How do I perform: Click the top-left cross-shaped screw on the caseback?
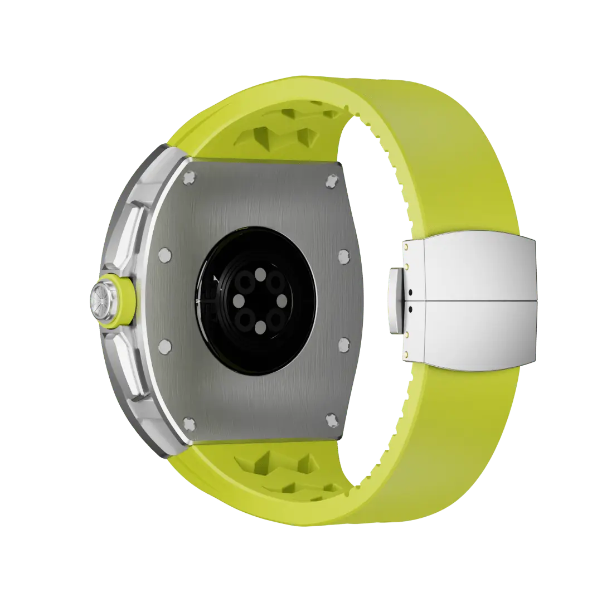coord(190,178)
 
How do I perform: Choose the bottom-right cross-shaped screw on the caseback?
coord(332,419)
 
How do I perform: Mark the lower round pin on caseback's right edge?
coord(343,341)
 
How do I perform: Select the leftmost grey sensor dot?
coord(237,302)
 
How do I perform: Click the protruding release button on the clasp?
coord(395,302)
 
